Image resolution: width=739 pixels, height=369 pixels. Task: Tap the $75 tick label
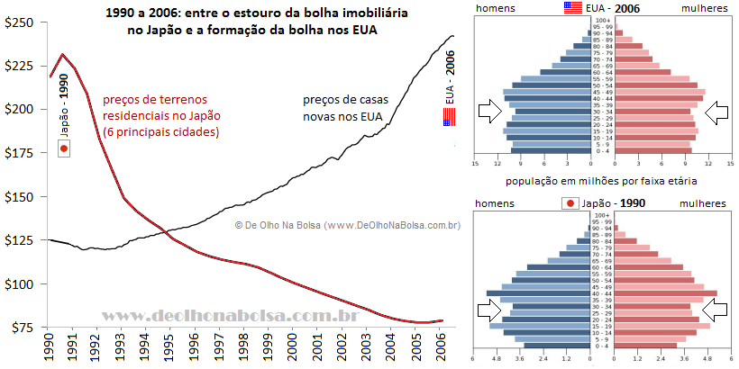(23, 328)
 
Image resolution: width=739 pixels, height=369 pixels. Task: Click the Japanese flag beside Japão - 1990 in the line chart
(63, 148)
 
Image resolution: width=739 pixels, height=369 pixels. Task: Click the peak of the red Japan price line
(62, 54)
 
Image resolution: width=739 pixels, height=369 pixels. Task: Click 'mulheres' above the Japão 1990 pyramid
(701, 204)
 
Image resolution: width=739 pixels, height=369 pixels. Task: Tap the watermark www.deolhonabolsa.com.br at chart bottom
(230, 316)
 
